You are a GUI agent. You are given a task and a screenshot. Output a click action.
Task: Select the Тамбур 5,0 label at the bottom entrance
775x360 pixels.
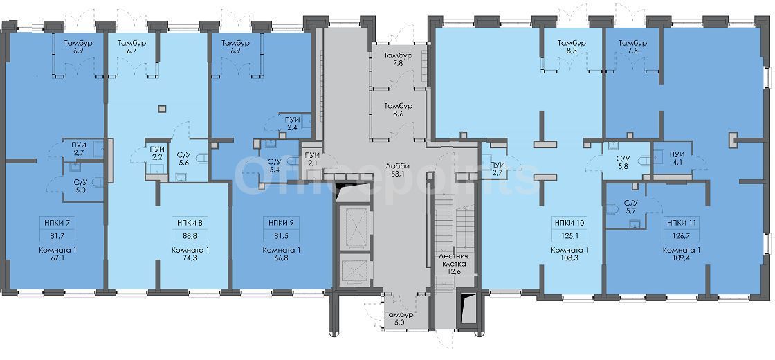pyautogui.click(x=399, y=318)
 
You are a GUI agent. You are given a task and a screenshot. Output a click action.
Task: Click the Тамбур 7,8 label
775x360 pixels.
pyautogui.click(x=399, y=58)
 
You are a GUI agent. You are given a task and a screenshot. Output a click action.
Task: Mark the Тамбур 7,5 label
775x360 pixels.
pyautogui.click(x=633, y=46)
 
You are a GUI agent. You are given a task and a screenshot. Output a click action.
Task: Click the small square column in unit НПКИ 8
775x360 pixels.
pyautogui.click(x=163, y=109)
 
